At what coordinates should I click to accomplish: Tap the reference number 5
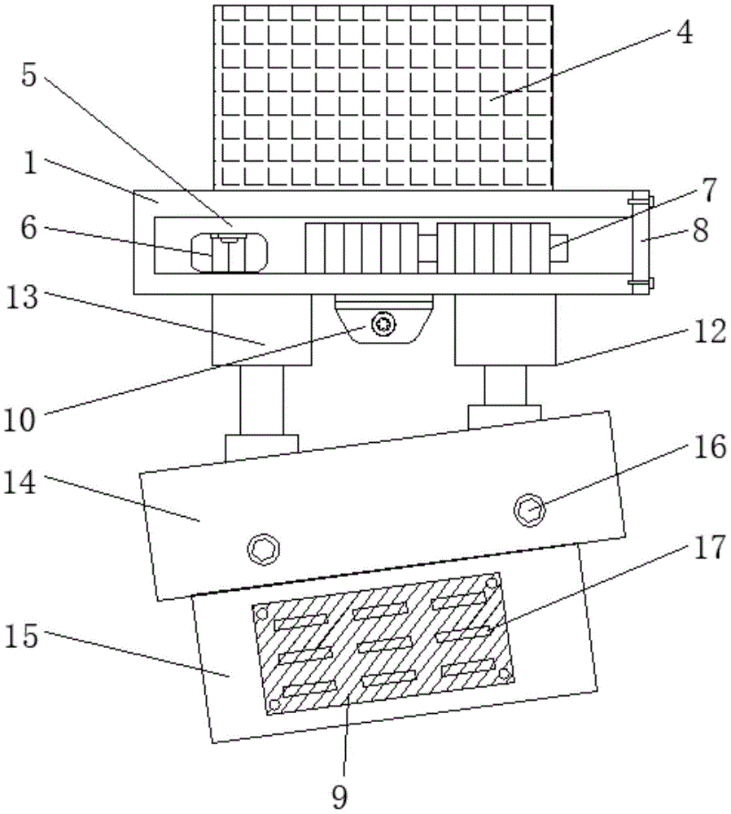point(29,77)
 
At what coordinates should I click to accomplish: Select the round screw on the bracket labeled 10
point(381,325)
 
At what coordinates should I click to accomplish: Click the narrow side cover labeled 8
point(640,242)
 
